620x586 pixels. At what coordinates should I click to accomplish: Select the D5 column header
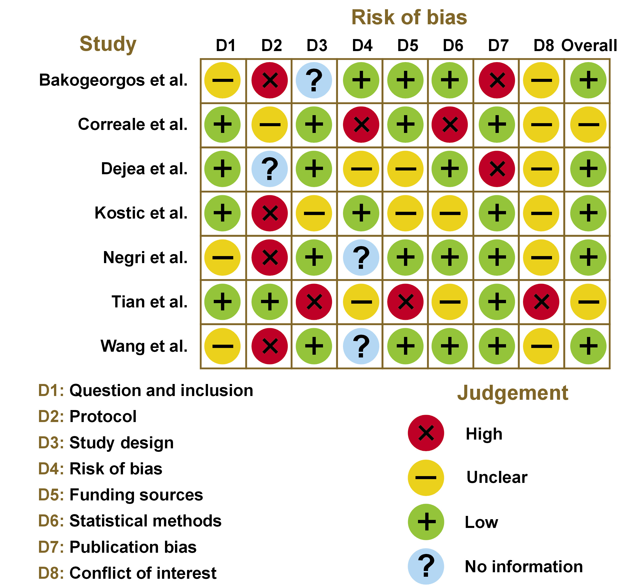(x=407, y=46)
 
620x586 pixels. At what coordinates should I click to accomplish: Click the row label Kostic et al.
(x=141, y=213)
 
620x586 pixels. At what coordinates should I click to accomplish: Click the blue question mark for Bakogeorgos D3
(x=314, y=80)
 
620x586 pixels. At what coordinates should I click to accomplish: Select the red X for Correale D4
(x=361, y=125)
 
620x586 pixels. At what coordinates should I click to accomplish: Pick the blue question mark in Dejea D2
(x=269, y=169)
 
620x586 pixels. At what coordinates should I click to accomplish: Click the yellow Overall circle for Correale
(x=588, y=125)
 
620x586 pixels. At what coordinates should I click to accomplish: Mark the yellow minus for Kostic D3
(x=314, y=213)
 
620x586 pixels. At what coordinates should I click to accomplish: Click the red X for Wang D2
(x=269, y=346)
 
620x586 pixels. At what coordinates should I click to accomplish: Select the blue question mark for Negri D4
(x=361, y=258)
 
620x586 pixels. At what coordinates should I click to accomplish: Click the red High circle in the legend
(x=426, y=433)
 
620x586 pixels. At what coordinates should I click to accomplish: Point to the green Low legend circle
(x=426, y=522)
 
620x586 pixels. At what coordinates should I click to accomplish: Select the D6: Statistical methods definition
(x=130, y=521)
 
